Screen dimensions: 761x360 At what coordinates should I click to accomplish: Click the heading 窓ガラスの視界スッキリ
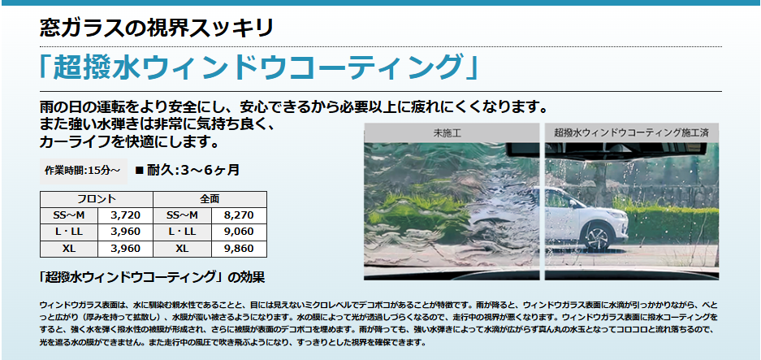tap(156, 28)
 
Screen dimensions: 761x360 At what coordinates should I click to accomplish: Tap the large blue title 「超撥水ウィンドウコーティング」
tap(259, 67)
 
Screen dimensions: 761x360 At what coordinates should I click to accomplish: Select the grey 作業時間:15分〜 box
tap(83, 171)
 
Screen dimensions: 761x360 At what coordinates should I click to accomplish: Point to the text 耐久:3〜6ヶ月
tap(193, 170)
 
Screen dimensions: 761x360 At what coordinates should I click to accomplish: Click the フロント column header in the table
tap(97, 199)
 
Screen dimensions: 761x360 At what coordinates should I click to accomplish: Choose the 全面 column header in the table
tap(210, 199)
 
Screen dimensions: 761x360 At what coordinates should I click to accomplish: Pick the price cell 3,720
tap(125, 215)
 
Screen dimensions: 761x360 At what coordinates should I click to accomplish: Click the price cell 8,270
tap(239, 215)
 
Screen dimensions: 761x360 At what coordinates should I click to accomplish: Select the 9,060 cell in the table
tap(239, 232)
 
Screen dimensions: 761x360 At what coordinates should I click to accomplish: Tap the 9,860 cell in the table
tap(239, 249)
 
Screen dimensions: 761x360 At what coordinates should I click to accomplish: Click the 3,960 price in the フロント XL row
tap(125, 249)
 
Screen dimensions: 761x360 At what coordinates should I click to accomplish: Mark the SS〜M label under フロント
tap(69, 215)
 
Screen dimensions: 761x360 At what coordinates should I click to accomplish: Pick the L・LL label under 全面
tap(183, 232)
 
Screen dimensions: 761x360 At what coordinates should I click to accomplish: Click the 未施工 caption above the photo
tap(452, 132)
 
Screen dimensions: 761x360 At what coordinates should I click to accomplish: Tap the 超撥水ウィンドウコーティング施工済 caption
tap(631, 132)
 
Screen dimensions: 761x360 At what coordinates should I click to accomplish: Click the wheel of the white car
tap(598, 235)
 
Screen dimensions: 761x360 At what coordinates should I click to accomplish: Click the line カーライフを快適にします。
tap(128, 143)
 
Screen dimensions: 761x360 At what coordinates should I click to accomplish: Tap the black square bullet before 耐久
tap(140, 171)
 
